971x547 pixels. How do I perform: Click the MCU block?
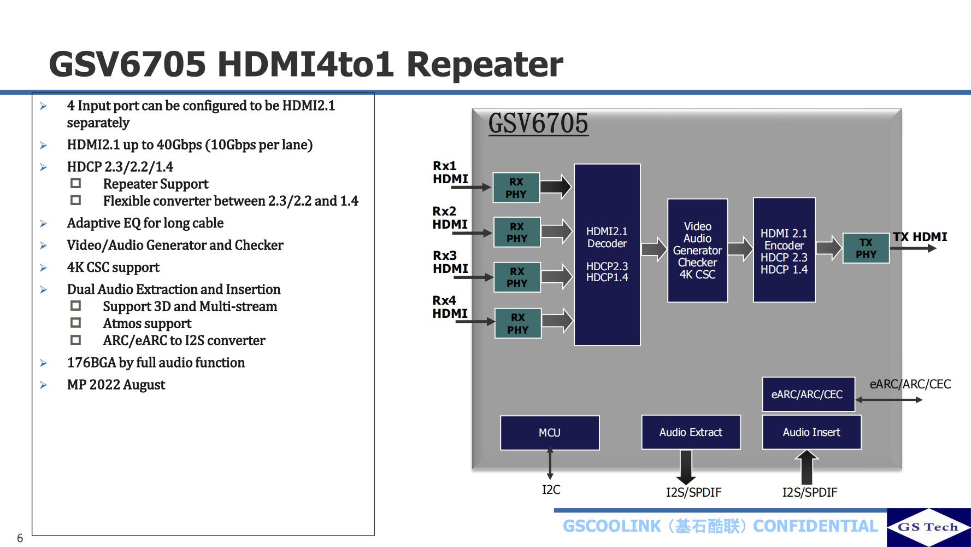pyautogui.click(x=550, y=433)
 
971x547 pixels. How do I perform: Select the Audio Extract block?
pyautogui.click(x=691, y=432)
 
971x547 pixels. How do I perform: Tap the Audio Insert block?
pyautogui.click(x=811, y=432)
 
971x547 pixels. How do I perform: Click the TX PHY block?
pyautogui.click(x=866, y=248)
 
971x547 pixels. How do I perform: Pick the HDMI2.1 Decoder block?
pyautogui.click(x=607, y=254)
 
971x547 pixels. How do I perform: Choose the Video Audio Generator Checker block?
pyautogui.click(x=697, y=251)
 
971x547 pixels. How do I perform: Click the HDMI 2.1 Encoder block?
pyautogui.click(x=784, y=251)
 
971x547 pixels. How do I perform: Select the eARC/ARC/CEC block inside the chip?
pyautogui.click(x=808, y=394)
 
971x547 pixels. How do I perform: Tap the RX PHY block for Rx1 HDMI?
pyautogui.click(x=516, y=188)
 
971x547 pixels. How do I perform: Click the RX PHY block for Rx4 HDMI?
pyautogui.click(x=517, y=323)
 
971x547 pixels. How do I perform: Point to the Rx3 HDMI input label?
pyautogui.click(x=450, y=262)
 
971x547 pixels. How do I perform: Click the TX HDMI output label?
pyautogui.click(x=920, y=237)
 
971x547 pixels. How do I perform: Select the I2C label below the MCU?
pyautogui.click(x=551, y=490)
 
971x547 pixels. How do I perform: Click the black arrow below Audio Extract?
pyautogui.click(x=685, y=467)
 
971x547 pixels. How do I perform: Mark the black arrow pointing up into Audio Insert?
pyautogui.click(x=807, y=467)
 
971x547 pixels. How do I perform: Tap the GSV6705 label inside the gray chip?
pyautogui.click(x=538, y=123)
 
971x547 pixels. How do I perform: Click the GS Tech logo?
pyautogui.click(x=928, y=527)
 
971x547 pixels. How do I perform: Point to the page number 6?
pyautogui.click(x=20, y=538)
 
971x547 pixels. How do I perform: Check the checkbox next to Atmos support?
pyautogui.click(x=76, y=323)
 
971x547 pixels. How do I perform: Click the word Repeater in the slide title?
pyautogui.click(x=485, y=64)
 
